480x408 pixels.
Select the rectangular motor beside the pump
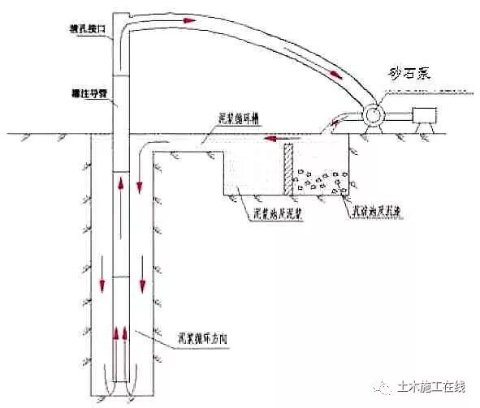(x=426, y=115)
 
